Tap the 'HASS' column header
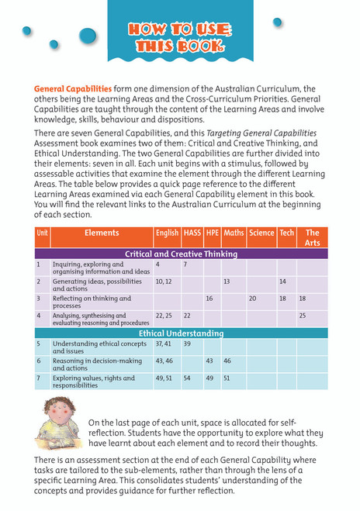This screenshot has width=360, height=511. [192, 233]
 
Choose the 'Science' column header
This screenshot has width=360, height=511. [261, 233]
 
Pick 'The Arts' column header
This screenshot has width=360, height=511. [312, 237]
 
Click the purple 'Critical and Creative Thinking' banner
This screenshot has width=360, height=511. [181, 254]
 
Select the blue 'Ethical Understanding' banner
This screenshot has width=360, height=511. [181, 333]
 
